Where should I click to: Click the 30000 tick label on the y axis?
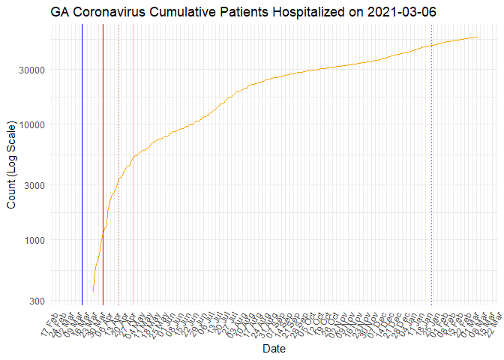tap(31, 70)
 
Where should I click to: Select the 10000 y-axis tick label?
tap(31, 124)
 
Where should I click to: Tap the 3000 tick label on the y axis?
tap(34, 185)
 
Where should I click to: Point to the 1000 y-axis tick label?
tap(34, 240)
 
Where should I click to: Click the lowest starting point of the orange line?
tap(93, 292)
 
